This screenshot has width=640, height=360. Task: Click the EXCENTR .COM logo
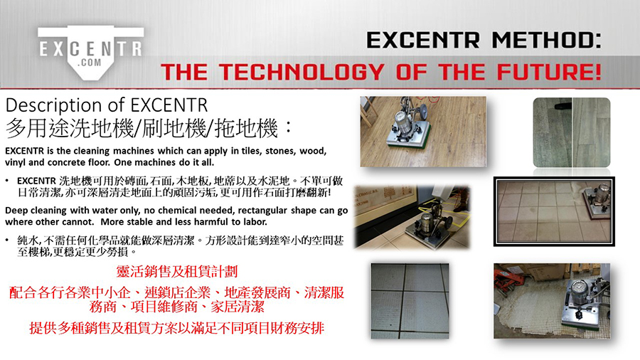point(90,52)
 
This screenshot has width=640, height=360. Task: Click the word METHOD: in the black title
point(546,41)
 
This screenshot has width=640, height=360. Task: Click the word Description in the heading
point(54,106)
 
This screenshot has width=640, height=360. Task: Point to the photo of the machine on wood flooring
point(423,132)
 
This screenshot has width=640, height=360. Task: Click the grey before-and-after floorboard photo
point(572,132)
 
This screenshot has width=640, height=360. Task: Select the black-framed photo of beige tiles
point(554,211)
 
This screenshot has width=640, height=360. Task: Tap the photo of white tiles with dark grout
point(410,301)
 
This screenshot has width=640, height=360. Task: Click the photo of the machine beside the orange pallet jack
point(552,301)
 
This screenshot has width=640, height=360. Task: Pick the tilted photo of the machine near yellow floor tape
point(412,217)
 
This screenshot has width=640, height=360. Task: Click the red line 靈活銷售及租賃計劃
point(177,272)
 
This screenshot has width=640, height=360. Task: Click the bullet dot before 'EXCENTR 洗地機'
point(7,181)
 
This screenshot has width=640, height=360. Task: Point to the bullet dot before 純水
point(7,240)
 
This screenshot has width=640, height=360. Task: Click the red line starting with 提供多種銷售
point(177,328)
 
